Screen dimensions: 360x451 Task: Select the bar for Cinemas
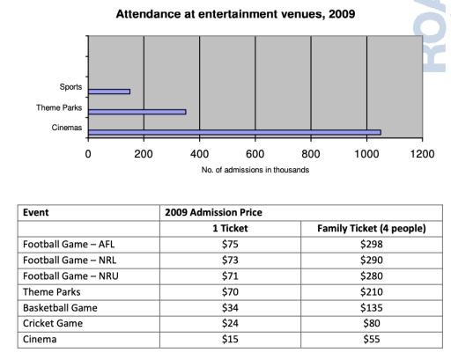[x=234, y=133]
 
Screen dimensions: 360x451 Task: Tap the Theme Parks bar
[x=137, y=112]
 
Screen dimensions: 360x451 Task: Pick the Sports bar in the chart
[x=108, y=92]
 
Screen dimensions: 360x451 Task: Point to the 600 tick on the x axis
[x=255, y=153]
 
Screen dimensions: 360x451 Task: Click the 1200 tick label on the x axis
[x=423, y=153]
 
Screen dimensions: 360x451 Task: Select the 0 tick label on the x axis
[x=88, y=153]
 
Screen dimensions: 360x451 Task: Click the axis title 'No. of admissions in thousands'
[x=255, y=170]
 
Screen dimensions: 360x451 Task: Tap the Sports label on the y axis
[x=70, y=86]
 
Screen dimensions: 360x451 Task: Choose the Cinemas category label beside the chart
[x=66, y=128]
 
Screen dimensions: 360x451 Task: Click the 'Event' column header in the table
[x=36, y=212]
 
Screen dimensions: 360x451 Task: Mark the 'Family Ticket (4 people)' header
[x=371, y=228]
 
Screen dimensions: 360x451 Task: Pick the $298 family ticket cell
[x=371, y=244]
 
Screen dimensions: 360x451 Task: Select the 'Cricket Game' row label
[x=53, y=323]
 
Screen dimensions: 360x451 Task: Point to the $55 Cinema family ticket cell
[x=371, y=339]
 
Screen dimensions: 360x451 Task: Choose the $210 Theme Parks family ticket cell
[x=371, y=291]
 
